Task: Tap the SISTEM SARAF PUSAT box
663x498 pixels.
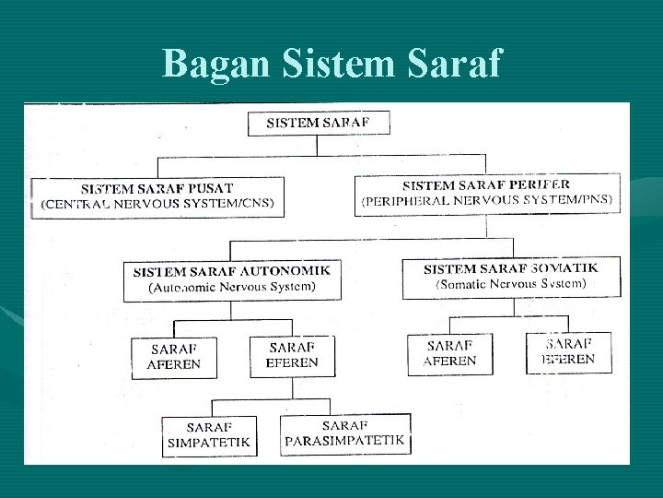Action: point(157,196)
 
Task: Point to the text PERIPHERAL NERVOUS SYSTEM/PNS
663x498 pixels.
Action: point(487,199)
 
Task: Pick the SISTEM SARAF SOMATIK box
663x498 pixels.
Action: point(509,277)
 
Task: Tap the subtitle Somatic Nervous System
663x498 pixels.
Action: point(509,285)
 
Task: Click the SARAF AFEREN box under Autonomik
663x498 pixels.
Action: point(174,357)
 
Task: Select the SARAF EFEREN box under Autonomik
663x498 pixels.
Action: point(292,355)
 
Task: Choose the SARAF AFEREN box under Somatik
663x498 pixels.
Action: point(450,353)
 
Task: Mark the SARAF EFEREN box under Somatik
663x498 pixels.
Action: point(567,351)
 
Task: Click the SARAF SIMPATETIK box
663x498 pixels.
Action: point(207,436)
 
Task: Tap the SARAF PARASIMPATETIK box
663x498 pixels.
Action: point(345,433)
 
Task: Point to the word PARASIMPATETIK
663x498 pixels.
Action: point(345,441)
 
